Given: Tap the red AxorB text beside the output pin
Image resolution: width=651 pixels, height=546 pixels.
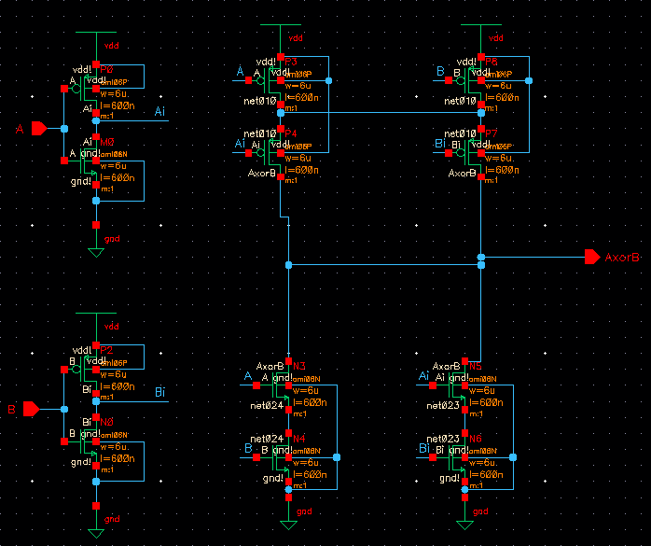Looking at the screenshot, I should (x=623, y=258).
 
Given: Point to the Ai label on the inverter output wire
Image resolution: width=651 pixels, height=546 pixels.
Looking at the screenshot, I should (x=160, y=112).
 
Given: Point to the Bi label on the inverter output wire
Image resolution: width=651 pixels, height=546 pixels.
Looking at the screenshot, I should (x=160, y=391).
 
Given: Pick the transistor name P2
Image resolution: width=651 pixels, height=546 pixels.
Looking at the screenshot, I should (x=106, y=350).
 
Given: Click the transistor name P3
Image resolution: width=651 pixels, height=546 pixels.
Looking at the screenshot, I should (x=291, y=62).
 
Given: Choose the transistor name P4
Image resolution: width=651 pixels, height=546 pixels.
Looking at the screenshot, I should (x=291, y=133).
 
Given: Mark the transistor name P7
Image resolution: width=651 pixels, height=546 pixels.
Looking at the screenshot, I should (x=492, y=133).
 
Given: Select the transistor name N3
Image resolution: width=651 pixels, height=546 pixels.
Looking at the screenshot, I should (x=299, y=366).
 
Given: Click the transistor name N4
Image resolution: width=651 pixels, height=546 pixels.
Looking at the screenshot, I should (x=299, y=438).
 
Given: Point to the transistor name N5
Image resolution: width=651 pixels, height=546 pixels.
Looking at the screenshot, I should (x=476, y=366).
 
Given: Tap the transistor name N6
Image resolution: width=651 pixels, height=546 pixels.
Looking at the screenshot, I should (x=476, y=438).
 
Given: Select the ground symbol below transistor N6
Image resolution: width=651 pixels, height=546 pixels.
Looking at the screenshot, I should (x=464, y=525).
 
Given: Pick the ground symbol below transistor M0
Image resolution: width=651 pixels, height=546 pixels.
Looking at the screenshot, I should (x=95, y=252).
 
